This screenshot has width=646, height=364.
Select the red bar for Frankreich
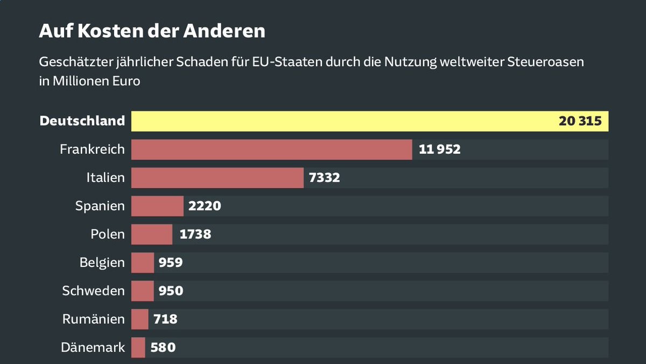[x=272, y=149]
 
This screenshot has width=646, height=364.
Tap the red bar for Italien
[x=217, y=178]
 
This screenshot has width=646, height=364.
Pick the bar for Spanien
[x=157, y=206]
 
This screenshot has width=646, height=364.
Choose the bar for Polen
[x=152, y=234]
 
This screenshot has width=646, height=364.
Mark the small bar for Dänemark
[x=138, y=347]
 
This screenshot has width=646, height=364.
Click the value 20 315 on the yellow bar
[x=580, y=121]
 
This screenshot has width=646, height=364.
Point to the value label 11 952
[x=439, y=149]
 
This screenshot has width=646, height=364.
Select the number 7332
[x=325, y=178]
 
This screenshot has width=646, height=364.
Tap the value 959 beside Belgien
[x=171, y=263]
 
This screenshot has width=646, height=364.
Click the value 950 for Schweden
[x=171, y=291]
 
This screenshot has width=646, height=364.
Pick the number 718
[x=165, y=319]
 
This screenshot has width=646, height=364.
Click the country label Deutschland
[x=82, y=121]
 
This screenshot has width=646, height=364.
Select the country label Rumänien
[x=93, y=319]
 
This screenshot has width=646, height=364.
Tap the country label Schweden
[x=93, y=291]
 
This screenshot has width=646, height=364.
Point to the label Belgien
[x=102, y=263]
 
